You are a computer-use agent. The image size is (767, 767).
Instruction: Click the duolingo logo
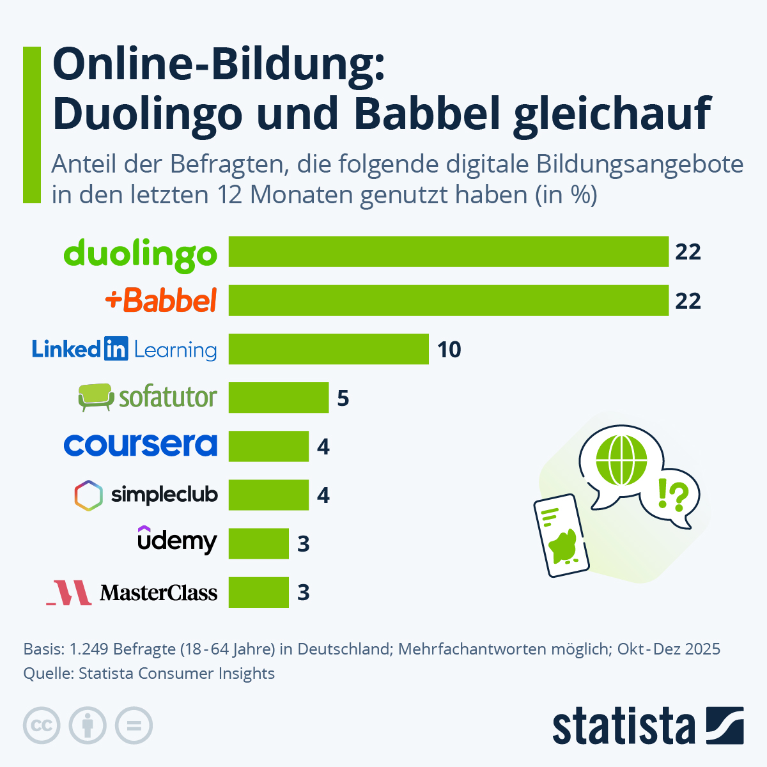[141, 254]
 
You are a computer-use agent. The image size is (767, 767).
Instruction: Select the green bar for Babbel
[448, 300]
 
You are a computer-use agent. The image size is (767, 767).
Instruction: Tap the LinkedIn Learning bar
[329, 349]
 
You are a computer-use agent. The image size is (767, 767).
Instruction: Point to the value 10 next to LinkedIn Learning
[449, 350]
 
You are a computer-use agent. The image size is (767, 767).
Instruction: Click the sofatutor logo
[147, 398]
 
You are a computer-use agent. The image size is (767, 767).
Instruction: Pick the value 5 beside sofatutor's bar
[343, 398]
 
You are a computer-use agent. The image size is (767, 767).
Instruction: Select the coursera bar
[268, 446]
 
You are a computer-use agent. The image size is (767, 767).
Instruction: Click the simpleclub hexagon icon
[88, 495]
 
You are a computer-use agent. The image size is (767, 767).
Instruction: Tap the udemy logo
[177, 541]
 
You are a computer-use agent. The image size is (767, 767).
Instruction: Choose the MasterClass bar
[259, 592]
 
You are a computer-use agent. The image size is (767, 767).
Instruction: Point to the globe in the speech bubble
[621, 459]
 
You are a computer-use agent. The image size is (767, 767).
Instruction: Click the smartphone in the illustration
[561, 536]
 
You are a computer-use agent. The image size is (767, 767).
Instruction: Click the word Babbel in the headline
[426, 113]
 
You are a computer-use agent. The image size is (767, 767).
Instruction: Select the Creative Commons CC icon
[42, 725]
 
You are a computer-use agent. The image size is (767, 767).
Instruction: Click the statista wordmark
[623, 726]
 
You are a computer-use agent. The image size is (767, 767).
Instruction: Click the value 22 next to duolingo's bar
[688, 252]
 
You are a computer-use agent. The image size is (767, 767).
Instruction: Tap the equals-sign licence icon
[134, 725]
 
